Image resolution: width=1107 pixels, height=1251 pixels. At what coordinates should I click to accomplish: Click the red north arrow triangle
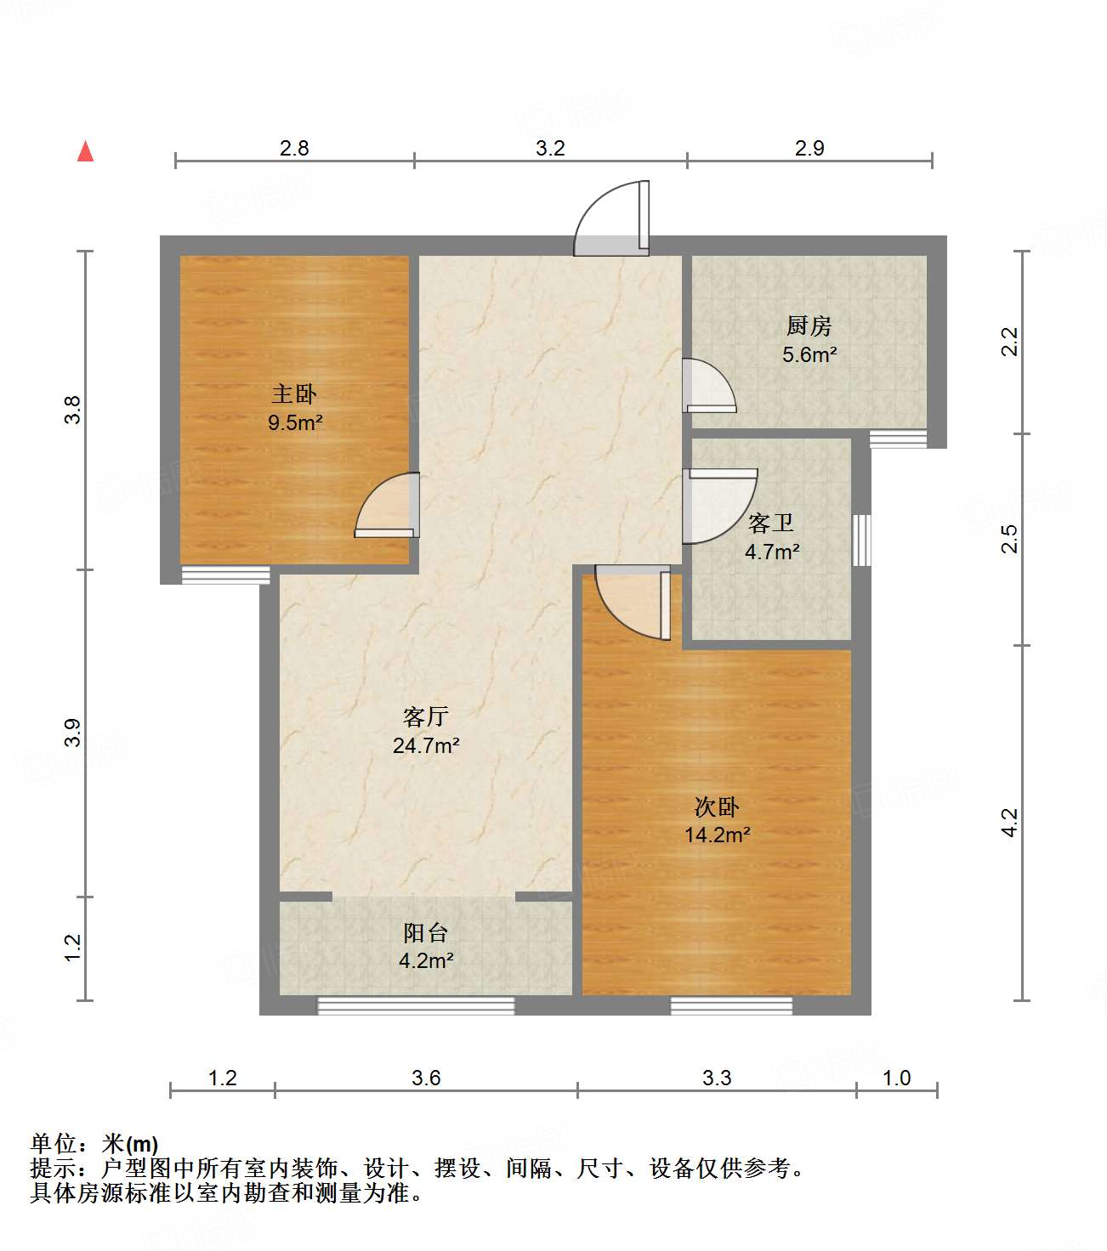(85, 151)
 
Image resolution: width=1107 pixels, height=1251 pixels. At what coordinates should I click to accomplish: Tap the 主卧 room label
(294, 393)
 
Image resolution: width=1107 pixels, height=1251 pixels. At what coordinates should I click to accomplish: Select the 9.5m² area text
(295, 422)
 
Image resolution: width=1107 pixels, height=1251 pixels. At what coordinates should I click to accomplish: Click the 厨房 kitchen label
(809, 325)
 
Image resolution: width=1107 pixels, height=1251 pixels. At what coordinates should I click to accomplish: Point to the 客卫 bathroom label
(771, 523)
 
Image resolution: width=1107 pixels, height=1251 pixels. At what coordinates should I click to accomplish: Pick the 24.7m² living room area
(426, 745)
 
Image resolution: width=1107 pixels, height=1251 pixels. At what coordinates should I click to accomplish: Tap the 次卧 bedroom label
(717, 807)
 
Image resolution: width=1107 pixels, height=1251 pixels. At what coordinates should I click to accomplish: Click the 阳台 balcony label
(426, 932)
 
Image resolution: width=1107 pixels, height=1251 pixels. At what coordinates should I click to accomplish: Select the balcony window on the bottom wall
(416, 1005)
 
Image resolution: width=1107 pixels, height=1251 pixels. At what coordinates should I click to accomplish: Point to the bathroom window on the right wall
(861, 540)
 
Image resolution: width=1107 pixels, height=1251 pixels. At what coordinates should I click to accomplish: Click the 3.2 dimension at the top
(550, 148)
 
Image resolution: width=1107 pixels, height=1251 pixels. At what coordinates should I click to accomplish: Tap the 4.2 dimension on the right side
(1009, 822)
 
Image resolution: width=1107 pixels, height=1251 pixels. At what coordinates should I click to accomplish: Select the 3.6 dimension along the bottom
(426, 1078)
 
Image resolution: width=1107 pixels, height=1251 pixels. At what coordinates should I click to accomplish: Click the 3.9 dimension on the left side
(73, 733)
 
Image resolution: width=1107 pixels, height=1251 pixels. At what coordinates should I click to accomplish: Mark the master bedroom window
(225, 575)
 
